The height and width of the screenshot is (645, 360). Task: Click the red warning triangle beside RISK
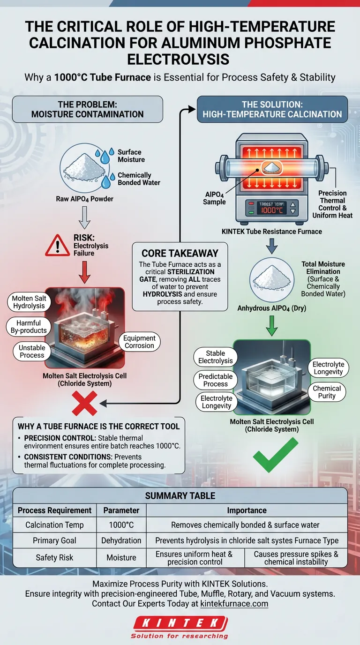pyautogui.click(x=57, y=245)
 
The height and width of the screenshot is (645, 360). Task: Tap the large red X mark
pyautogui.click(x=84, y=403)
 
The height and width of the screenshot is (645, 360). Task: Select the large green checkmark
pyautogui.click(x=275, y=454)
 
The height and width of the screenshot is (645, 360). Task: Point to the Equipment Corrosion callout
pyautogui.click(x=139, y=342)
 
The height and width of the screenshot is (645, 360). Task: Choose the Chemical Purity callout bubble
pyautogui.click(x=327, y=392)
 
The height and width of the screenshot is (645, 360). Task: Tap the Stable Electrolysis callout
pyautogui.click(x=215, y=357)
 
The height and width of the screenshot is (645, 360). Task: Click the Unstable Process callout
pyautogui.click(x=32, y=352)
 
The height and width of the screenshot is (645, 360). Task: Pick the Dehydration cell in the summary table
pyautogui.click(x=121, y=540)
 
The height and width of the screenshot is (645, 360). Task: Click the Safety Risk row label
pyautogui.click(x=54, y=557)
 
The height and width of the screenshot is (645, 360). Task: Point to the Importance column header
pyautogui.click(x=247, y=510)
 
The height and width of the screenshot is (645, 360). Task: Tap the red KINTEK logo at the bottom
pyautogui.click(x=180, y=622)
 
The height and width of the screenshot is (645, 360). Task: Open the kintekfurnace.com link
pyautogui.click(x=234, y=603)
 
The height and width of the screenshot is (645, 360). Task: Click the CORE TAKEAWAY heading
pyautogui.click(x=180, y=253)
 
